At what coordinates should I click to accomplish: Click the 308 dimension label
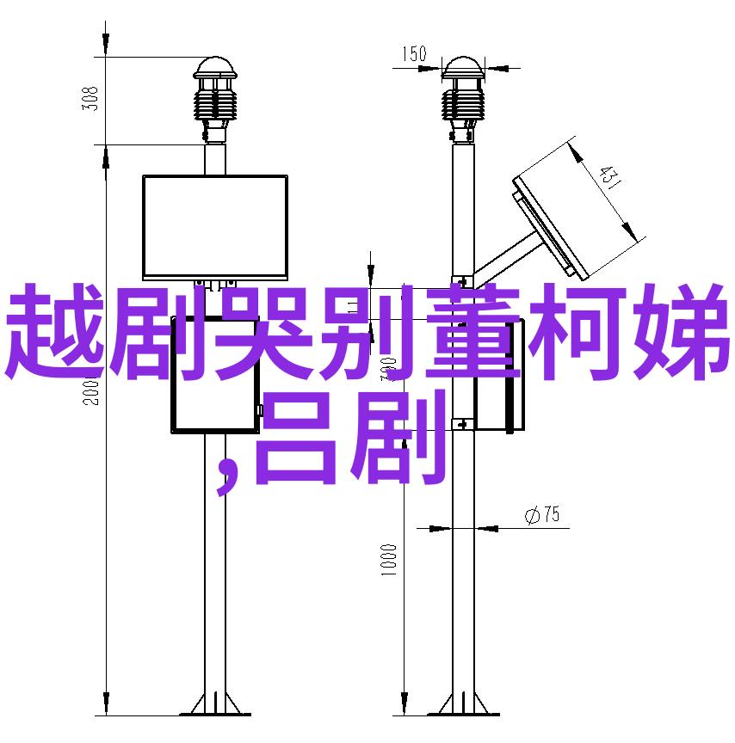pyautogui.click(x=90, y=99)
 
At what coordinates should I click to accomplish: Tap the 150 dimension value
pyautogui.click(x=414, y=53)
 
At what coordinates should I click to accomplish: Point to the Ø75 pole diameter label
pyautogui.click(x=543, y=514)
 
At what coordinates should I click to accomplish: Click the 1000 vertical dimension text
pyautogui.click(x=388, y=560)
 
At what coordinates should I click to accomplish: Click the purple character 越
pyautogui.click(x=54, y=332)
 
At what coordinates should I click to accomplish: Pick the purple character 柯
pyautogui.click(x=576, y=332)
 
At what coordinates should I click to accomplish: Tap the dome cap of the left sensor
pyautogui.click(x=215, y=68)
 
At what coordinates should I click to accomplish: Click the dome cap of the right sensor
pyautogui.click(x=463, y=68)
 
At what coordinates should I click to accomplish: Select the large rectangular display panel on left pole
pyautogui.click(x=215, y=227)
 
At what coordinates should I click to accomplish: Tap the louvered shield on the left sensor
pyautogui.click(x=215, y=104)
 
